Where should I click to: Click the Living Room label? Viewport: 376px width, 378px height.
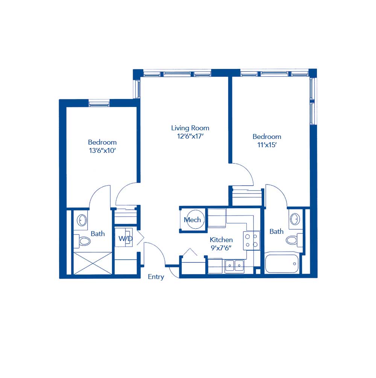click(x=190, y=128)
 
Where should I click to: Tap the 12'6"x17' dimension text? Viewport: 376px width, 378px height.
click(x=190, y=136)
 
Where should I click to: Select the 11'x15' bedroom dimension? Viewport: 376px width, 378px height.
click(x=267, y=145)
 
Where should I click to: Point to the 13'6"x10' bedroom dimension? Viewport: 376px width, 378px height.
click(x=102, y=151)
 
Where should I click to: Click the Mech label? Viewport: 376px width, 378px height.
click(x=192, y=220)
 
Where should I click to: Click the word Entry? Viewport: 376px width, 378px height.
click(x=156, y=277)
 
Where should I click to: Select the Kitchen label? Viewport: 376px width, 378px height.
click(x=221, y=240)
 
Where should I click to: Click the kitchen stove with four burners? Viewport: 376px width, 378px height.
click(x=251, y=241)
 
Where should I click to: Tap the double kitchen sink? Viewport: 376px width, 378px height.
click(x=235, y=266)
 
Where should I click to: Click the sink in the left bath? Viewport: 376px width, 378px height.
click(x=82, y=219)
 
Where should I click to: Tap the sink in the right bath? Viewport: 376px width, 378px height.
click(x=295, y=219)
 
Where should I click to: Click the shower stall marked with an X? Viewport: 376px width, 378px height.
click(x=92, y=263)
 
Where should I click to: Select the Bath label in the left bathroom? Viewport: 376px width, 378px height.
click(x=98, y=234)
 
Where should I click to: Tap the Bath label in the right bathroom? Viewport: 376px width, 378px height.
click(x=276, y=232)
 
